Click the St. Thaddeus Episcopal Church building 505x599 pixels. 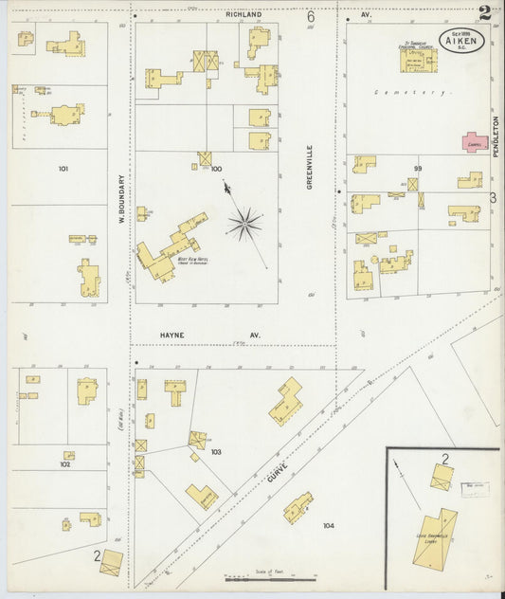(413, 60)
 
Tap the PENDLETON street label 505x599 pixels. (496, 136)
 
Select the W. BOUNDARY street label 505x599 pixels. (121, 202)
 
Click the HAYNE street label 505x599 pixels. (171, 335)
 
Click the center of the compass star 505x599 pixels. (245, 225)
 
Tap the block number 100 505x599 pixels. (216, 169)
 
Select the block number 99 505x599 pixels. (416, 168)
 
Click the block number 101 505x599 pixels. (63, 169)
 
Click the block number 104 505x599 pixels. (329, 524)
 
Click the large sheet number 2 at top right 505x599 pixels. (484, 12)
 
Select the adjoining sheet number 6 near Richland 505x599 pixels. (310, 16)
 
